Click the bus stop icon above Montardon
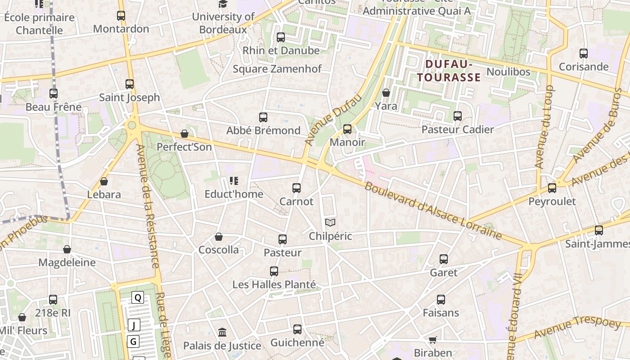pyautogui.click(x=121, y=16)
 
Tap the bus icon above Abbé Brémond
pyautogui.click(x=263, y=117)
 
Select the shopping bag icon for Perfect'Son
pyautogui.click(x=184, y=134)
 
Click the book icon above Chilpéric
pyautogui.click(x=330, y=222)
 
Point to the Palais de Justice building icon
pyautogui.click(x=222, y=333)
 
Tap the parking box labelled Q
pyautogui.click(x=138, y=297)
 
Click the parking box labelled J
pyautogui.click(x=134, y=325)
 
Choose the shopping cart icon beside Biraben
pyautogui.click(x=432, y=340)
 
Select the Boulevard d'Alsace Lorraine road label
pyautogui.click(x=432, y=211)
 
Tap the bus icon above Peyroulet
pyautogui.click(x=552, y=188)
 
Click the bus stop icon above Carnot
pyautogui.click(x=296, y=188)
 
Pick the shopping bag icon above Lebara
pyautogui.click(x=104, y=181)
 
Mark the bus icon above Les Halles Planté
pyautogui.click(x=274, y=271)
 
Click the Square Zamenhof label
pyautogui.click(x=277, y=69)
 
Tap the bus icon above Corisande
pyautogui.click(x=584, y=54)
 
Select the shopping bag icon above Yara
pyautogui.click(x=386, y=93)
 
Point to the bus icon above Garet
pyautogui.click(x=444, y=259)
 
